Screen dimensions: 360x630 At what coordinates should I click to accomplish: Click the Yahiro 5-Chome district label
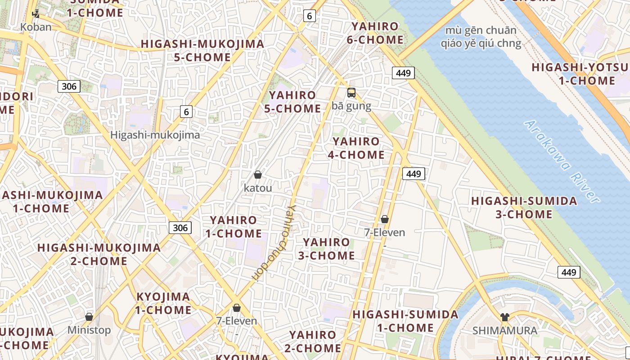(295, 102)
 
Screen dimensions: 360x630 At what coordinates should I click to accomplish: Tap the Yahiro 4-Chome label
(356, 148)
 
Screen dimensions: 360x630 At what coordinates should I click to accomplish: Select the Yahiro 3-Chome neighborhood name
(326, 249)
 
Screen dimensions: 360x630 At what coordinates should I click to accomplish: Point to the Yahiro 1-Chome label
(234, 227)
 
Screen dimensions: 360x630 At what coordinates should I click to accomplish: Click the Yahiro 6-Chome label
(375, 33)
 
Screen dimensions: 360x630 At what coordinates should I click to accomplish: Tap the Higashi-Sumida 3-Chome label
(524, 207)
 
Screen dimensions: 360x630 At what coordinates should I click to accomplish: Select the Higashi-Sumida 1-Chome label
(405, 321)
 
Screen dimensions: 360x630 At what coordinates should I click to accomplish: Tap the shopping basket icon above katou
(258, 175)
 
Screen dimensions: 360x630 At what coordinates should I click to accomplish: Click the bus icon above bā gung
(351, 93)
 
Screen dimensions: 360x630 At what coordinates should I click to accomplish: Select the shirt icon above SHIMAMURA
(504, 317)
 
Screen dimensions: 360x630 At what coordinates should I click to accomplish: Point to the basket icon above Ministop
(89, 317)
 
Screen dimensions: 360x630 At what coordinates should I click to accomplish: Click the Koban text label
(36, 27)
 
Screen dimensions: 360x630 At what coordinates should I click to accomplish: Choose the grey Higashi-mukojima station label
(155, 135)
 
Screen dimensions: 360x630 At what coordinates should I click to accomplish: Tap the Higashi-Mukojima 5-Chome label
(202, 50)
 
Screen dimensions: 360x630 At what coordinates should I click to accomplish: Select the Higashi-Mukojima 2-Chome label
(99, 254)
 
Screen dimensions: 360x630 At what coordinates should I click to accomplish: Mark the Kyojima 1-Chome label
(163, 303)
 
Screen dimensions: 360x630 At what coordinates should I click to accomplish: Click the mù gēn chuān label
(481, 31)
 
